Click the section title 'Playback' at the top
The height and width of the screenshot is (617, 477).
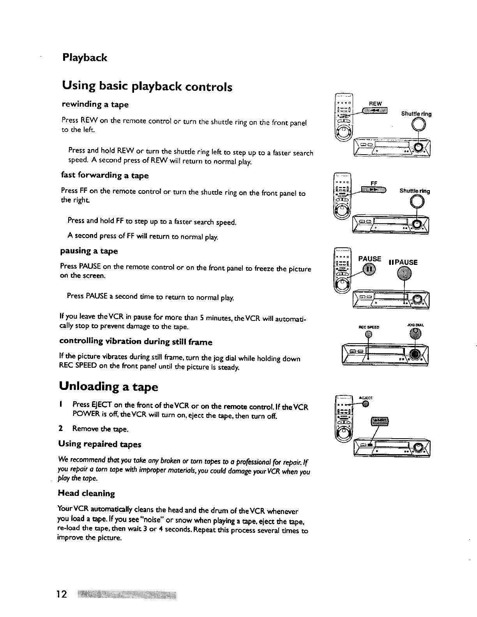[85, 58]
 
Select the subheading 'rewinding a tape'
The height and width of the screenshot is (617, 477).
[95, 104]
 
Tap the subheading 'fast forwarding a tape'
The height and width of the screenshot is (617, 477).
[105, 175]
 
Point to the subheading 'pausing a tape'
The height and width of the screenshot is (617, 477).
[89, 250]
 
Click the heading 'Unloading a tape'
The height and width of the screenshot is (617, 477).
[109, 387]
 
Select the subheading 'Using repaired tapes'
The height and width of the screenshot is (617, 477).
[99, 444]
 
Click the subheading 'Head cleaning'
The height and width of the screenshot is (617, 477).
[86, 493]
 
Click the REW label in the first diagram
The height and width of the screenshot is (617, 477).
[375, 104]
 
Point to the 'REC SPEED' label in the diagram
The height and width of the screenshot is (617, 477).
[368, 327]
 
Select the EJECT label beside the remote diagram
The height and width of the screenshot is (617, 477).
[367, 398]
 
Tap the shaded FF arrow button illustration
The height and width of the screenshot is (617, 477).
[373, 190]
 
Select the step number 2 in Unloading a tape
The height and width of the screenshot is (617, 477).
[60, 429]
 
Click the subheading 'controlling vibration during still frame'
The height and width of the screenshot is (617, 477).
[136, 342]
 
